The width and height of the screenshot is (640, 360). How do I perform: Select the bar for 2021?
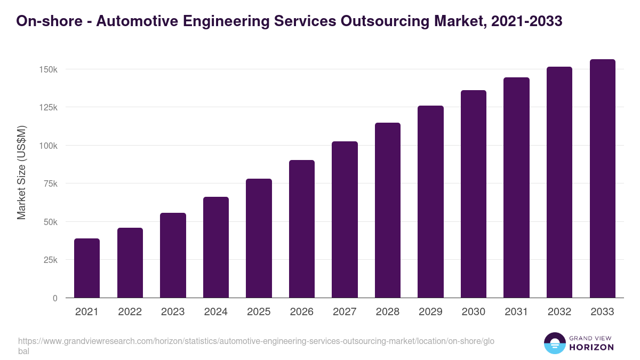click(x=87, y=268)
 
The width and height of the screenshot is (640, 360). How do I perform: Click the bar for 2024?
click(x=216, y=247)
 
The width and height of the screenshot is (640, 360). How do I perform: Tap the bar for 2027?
click(x=345, y=220)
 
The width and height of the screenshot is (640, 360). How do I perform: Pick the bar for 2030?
click(x=474, y=194)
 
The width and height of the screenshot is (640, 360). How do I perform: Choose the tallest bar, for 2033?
click(x=602, y=179)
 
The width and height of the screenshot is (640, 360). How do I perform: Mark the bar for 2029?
click(x=430, y=202)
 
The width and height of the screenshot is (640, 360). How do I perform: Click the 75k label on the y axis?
click(x=50, y=184)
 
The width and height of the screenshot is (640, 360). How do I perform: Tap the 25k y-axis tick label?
click(x=50, y=260)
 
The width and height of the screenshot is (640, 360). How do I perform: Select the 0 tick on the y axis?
click(x=54, y=298)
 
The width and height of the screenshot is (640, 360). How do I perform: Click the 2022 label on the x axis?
click(x=130, y=312)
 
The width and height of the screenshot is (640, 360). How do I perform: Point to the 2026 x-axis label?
click(x=302, y=312)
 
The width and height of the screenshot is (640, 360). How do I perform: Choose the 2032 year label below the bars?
click(x=559, y=312)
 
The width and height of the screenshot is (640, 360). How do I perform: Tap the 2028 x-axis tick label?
click(x=388, y=312)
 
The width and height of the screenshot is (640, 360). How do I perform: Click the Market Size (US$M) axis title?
click(x=21, y=172)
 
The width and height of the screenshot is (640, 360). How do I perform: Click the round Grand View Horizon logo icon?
click(x=554, y=343)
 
